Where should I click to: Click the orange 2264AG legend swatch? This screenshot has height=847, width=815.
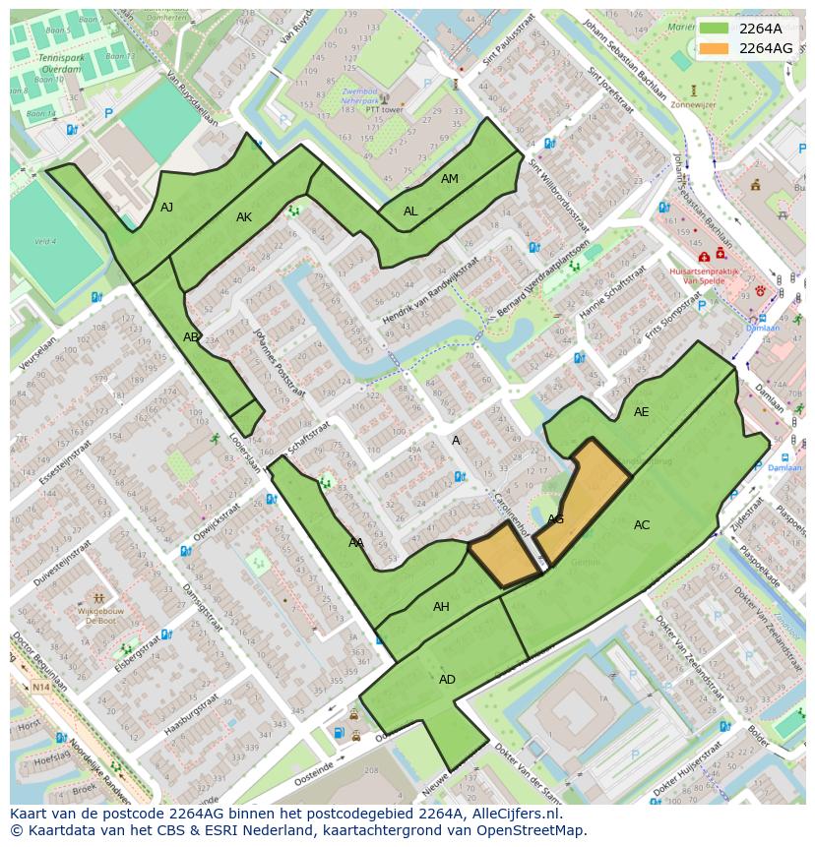(715, 48)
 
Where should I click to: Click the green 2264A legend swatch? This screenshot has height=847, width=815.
(715, 29)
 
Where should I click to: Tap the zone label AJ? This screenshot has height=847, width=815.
(166, 208)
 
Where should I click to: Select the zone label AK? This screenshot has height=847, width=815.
(244, 217)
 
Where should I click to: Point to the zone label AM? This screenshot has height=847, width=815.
(449, 179)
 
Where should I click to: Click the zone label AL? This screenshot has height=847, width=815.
(410, 212)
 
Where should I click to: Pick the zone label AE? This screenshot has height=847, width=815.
(641, 412)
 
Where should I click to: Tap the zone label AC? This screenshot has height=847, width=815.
(641, 525)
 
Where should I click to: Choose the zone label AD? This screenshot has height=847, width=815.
(447, 680)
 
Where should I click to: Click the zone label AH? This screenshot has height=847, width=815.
(441, 607)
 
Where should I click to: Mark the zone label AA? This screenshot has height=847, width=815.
(355, 543)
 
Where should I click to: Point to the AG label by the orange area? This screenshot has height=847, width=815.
(555, 519)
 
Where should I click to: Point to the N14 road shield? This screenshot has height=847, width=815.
(39, 687)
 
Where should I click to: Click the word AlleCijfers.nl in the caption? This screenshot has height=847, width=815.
(512, 815)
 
